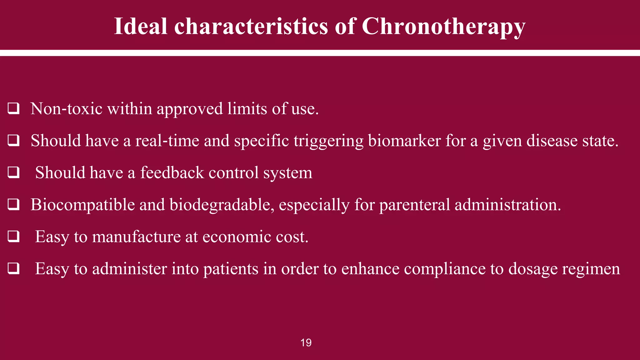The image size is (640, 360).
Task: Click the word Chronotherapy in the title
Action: pos(443,26)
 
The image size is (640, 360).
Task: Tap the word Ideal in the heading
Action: pos(141,26)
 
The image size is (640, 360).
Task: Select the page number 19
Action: pos(306,343)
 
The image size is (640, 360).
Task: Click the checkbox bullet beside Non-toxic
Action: pos(14,108)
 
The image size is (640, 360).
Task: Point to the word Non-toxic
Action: pos(67,109)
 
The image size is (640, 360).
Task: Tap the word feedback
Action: pos(172,172)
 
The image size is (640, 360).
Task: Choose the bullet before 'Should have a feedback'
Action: pos(14,172)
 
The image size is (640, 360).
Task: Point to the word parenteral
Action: pos(415,205)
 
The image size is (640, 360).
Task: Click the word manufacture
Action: pos(136,237)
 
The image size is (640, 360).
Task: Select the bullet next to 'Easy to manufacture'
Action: pos(14,237)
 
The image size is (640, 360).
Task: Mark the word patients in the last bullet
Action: pos(231,269)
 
